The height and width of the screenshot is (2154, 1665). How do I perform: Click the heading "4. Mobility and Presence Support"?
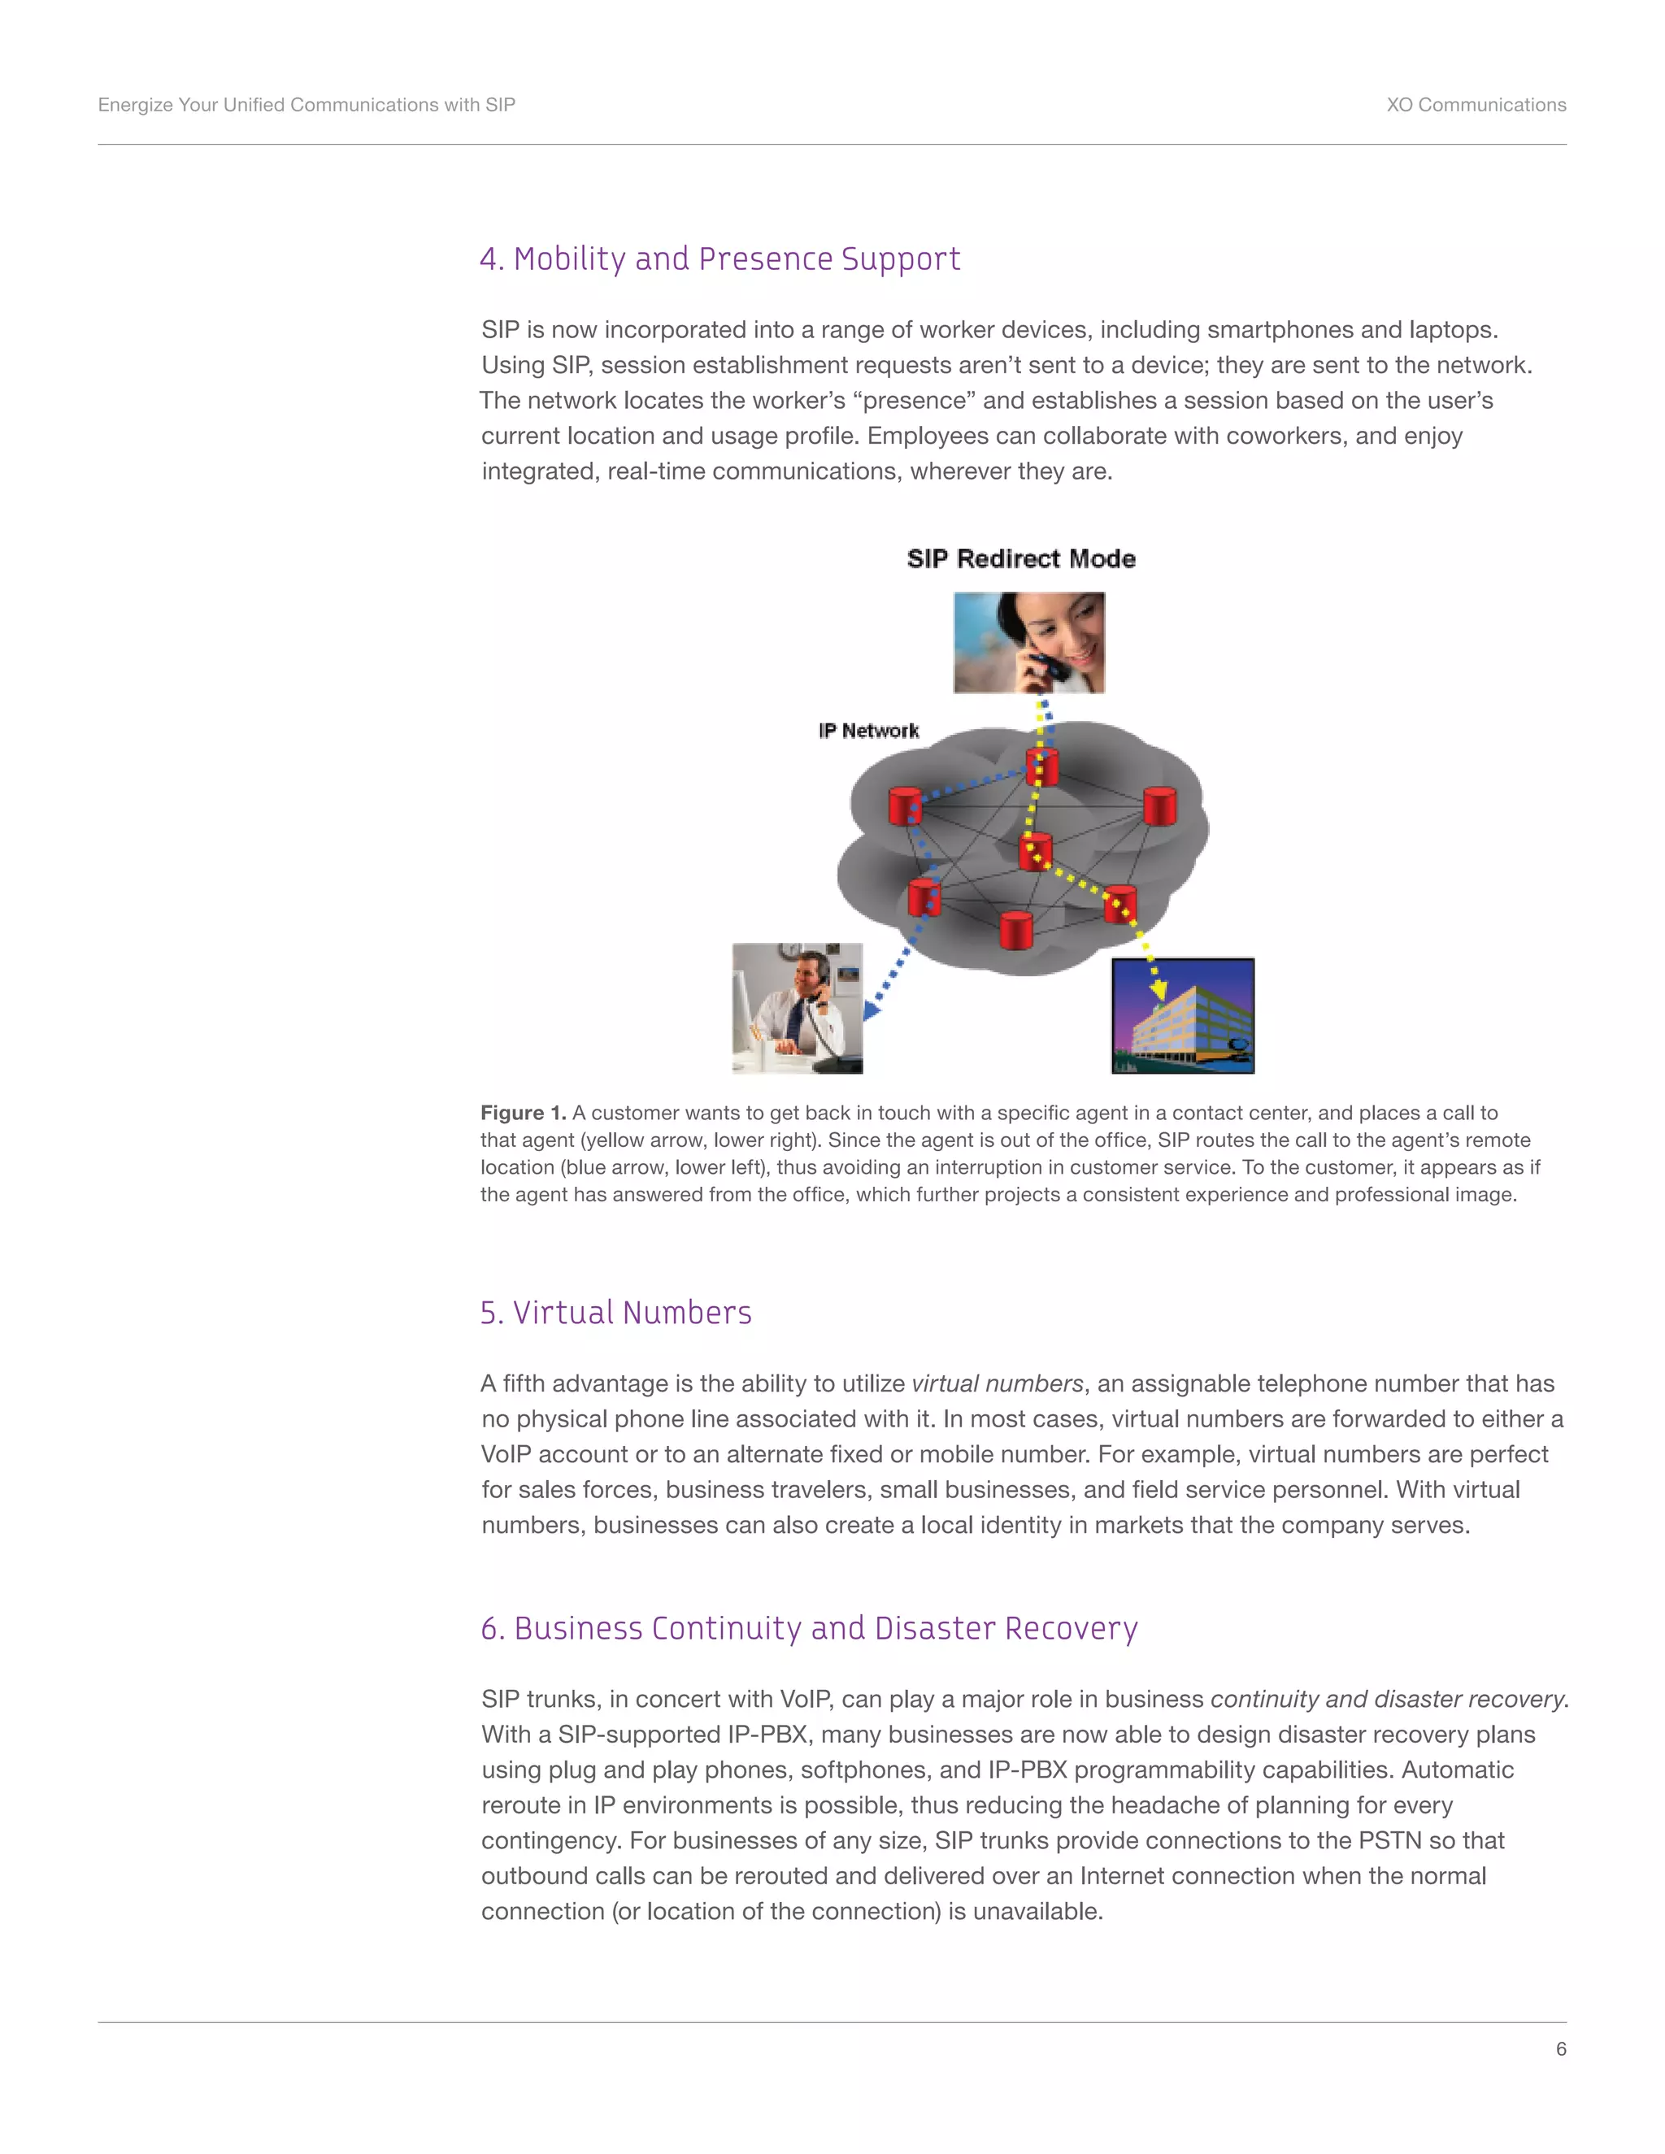pos(719,259)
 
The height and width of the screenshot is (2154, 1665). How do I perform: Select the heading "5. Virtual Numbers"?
pos(615,1313)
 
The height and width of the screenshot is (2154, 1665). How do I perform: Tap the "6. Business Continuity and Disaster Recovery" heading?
pos(809,1628)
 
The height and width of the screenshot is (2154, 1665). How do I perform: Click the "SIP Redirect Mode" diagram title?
pos(1021,559)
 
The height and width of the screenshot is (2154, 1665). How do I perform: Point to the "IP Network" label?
pos(868,731)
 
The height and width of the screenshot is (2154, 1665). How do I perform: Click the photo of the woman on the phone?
pos(1028,643)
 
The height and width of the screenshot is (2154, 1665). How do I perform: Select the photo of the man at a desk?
pos(797,1008)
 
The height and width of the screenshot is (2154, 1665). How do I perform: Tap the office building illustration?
pos(1183,1016)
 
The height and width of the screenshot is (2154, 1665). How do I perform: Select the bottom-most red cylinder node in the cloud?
pos(1016,930)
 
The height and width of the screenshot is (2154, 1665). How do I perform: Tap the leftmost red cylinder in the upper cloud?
pos(905,806)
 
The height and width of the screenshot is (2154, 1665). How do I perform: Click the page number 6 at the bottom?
pos(1560,2048)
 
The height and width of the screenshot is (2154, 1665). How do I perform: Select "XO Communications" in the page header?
pos(1476,106)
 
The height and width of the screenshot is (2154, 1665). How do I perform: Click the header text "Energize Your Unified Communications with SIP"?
pos(306,106)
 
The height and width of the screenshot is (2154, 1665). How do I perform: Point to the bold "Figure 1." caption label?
pos(523,1114)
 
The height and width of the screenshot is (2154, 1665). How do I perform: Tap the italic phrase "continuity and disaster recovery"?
pos(1387,1700)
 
